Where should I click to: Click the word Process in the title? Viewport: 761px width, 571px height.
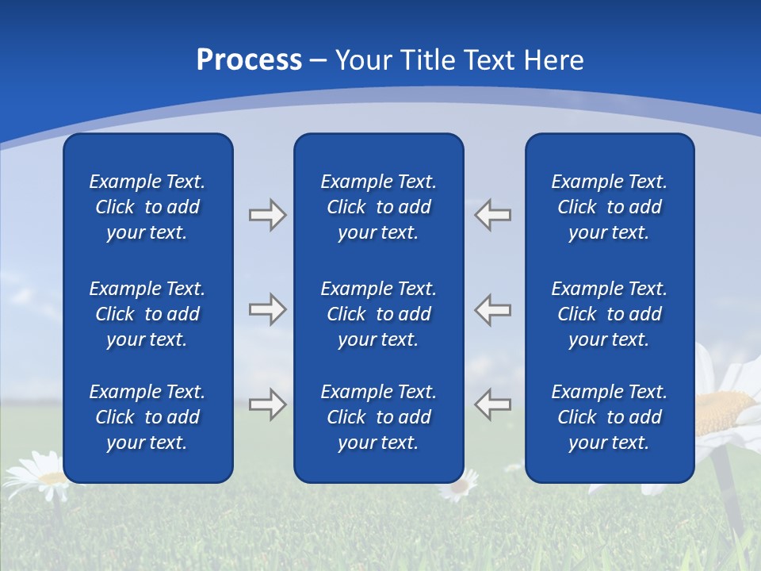[x=249, y=60]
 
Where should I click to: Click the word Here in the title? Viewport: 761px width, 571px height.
[x=554, y=60]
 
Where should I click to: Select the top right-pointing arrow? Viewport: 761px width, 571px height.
[x=267, y=215]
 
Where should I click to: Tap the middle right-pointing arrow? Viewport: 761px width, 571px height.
[x=267, y=309]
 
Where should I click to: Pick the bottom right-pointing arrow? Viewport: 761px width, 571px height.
[x=267, y=404]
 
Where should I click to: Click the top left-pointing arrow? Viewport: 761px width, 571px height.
[x=493, y=215]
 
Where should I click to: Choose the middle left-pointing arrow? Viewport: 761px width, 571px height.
[x=493, y=309]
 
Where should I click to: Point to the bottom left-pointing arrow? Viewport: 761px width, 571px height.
[x=493, y=404]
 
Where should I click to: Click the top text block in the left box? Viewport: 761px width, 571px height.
[x=147, y=207]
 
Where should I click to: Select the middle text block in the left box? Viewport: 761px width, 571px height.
[x=147, y=314]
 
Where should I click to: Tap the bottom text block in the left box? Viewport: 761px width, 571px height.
[x=147, y=417]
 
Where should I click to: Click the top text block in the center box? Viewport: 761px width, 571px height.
[x=378, y=207]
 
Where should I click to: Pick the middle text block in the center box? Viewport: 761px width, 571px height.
[x=378, y=314]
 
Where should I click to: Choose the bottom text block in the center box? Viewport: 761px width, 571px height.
[x=378, y=417]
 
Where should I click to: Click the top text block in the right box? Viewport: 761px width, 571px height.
[x=609, y=207]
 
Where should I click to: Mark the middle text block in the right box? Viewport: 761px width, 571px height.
[x=609, y=314]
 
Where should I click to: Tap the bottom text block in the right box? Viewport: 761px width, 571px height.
[x=609, y=417]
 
